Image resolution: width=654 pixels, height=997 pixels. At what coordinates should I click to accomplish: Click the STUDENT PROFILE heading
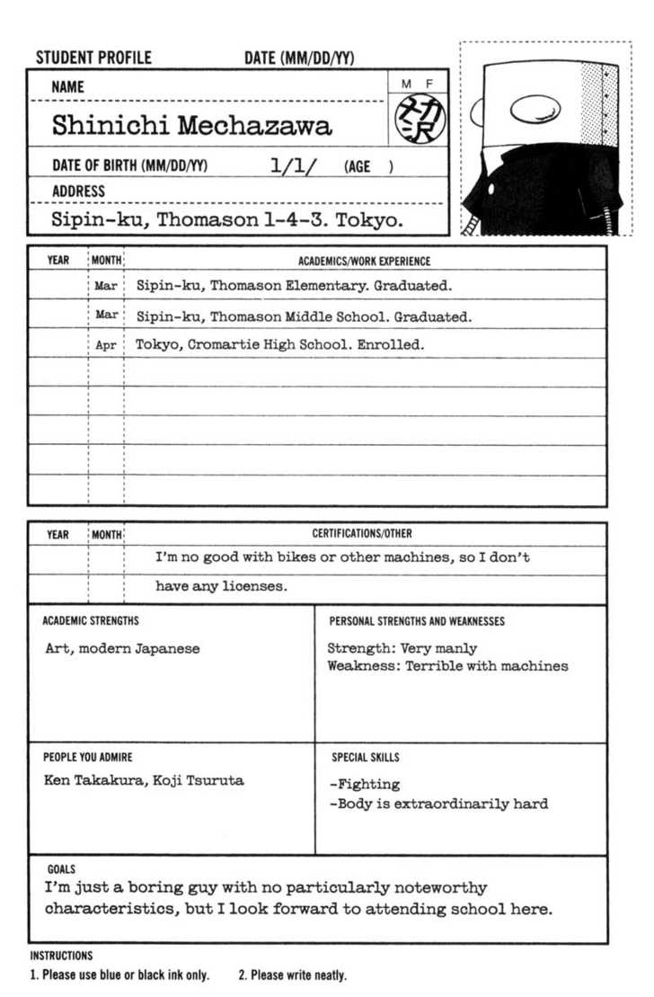(93, 58)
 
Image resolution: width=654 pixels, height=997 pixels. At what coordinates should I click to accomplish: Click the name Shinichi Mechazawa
(191, 126)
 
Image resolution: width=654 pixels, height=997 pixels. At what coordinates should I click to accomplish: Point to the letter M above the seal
(406, 84)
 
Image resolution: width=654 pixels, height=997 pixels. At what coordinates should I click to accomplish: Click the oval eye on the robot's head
(535, 109)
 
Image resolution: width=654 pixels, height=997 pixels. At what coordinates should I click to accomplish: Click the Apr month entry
(106, 345)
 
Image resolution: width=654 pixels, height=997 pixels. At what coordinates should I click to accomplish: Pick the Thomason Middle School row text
(304, 316)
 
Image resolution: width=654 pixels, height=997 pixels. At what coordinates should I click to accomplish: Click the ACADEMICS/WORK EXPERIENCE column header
(364, 261)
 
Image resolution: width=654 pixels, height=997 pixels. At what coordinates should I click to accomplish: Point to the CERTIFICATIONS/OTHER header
(362, 534)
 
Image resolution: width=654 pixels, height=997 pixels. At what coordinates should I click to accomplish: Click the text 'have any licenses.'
(221, 586)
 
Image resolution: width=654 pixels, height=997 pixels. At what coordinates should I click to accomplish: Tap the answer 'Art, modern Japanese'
(122, 648)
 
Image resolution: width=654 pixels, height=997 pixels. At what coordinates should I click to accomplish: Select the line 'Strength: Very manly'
(402, 648)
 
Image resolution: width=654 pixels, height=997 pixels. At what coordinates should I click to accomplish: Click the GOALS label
(61, 869)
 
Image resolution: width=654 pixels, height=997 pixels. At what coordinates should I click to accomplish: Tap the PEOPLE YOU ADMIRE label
(87, 757)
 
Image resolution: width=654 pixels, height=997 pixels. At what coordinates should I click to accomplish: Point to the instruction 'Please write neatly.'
(292, 975)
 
